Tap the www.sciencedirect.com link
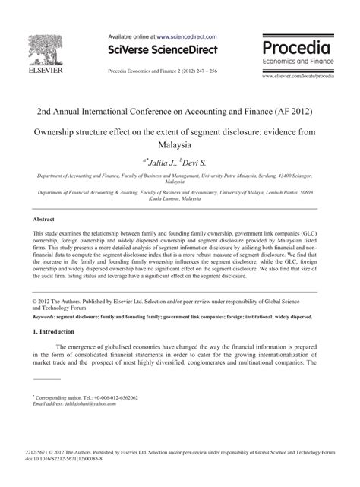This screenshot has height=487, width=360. pyautogui.click(x=187, y=36)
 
